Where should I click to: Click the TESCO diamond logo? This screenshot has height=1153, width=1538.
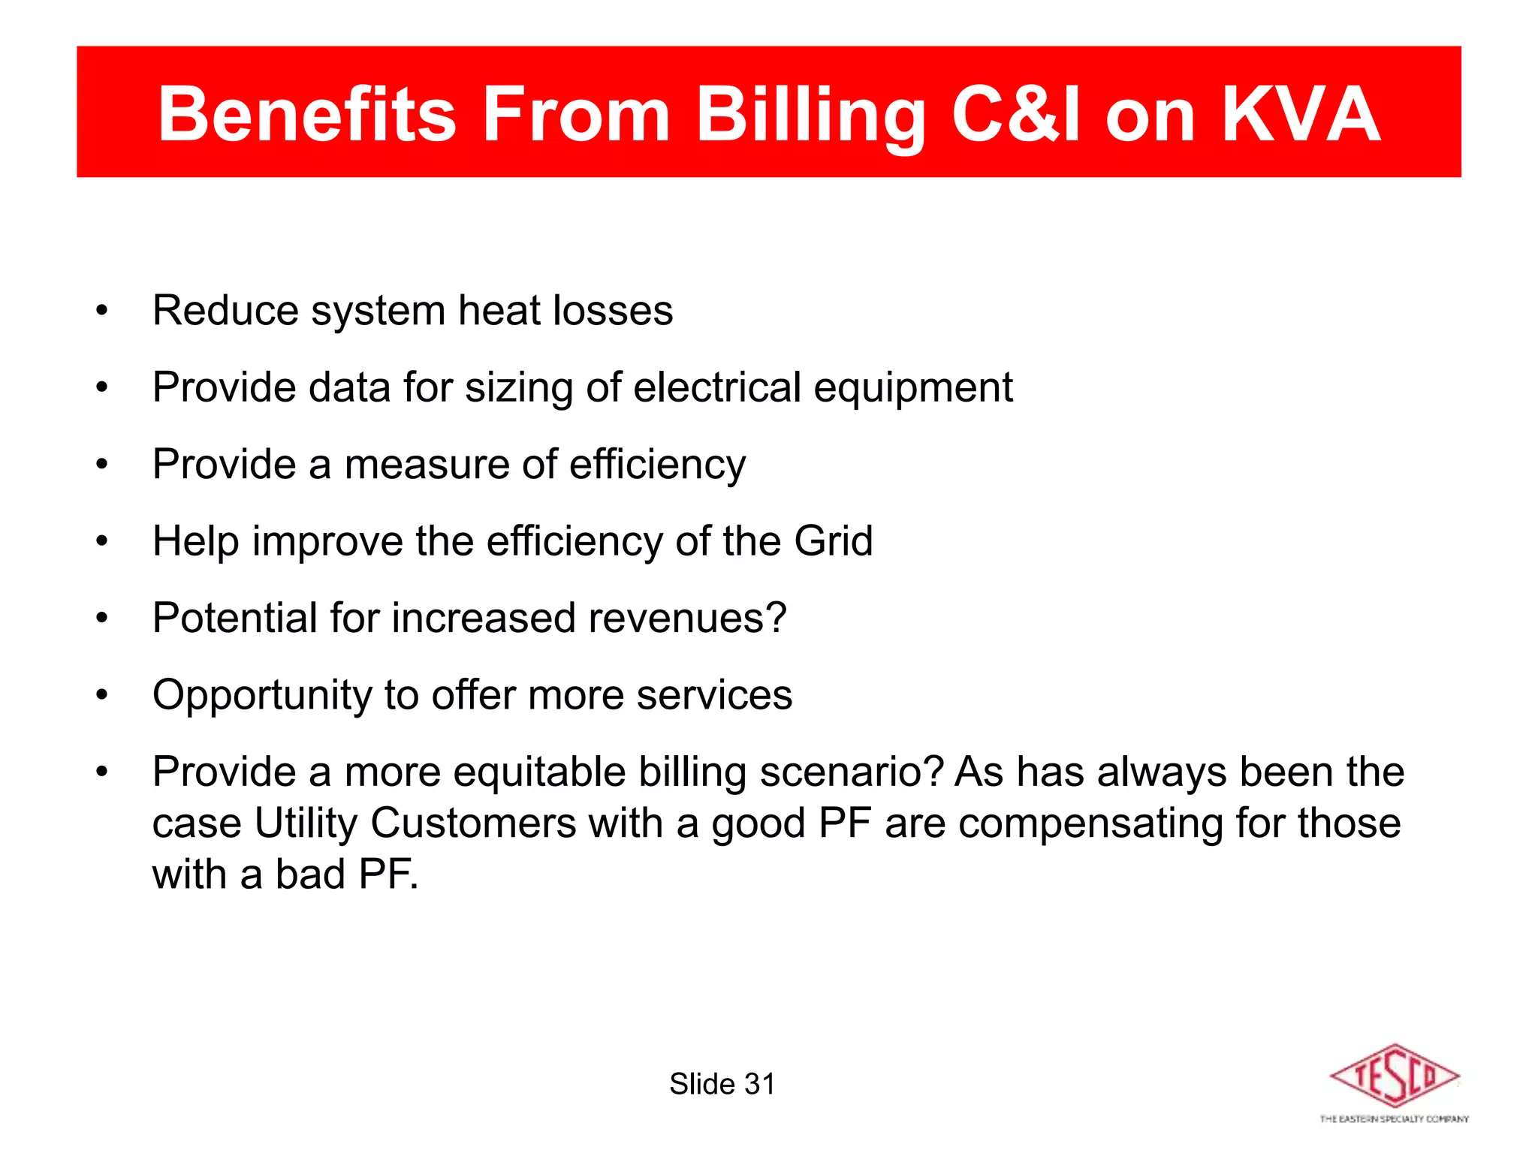click(1394, 1076)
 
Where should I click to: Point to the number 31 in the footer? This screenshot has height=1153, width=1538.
click(759, 1084)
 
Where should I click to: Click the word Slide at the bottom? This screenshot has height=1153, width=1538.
click(702, 1084)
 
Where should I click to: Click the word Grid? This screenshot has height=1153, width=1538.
click(834, 540)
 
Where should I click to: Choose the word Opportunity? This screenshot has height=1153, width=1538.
click(262, 696)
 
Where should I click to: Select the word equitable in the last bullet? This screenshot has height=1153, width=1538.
click(539, 772)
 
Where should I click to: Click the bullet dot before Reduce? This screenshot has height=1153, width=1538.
click(102, 310)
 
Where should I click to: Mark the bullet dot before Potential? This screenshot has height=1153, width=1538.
click(102, 618)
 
